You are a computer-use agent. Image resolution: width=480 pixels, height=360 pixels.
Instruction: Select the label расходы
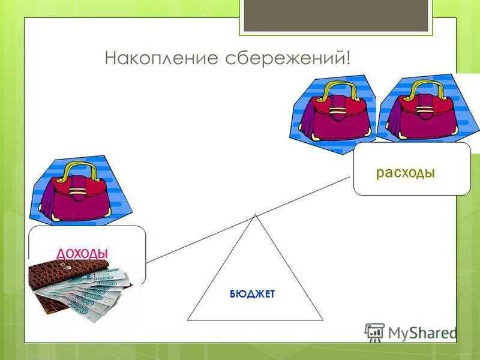pos(405,173)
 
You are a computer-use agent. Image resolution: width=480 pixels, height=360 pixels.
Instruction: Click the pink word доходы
pos(82,253)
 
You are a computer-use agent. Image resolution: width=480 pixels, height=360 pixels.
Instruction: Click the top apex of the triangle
pos(255,215)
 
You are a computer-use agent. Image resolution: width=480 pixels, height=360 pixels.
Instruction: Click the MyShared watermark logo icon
pos(374,332)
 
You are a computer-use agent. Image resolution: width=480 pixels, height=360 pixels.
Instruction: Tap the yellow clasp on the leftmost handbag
pos(77,193)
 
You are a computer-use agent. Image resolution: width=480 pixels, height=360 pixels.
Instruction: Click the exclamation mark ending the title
pos(347,58)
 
